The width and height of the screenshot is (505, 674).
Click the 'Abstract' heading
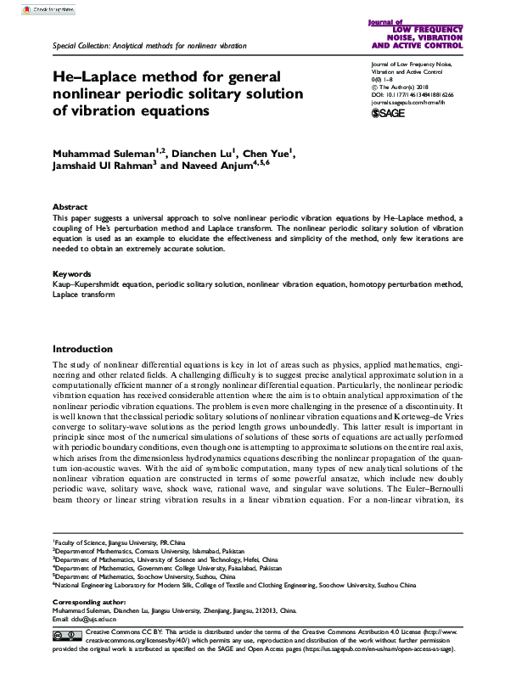pos(70,207)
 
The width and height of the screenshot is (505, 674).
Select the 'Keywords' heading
pos(72,274)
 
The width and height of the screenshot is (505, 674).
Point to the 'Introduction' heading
pos(84,349)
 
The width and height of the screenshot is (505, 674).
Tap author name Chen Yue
pos(266,154)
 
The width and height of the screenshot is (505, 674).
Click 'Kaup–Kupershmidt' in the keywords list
pos(85,287)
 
